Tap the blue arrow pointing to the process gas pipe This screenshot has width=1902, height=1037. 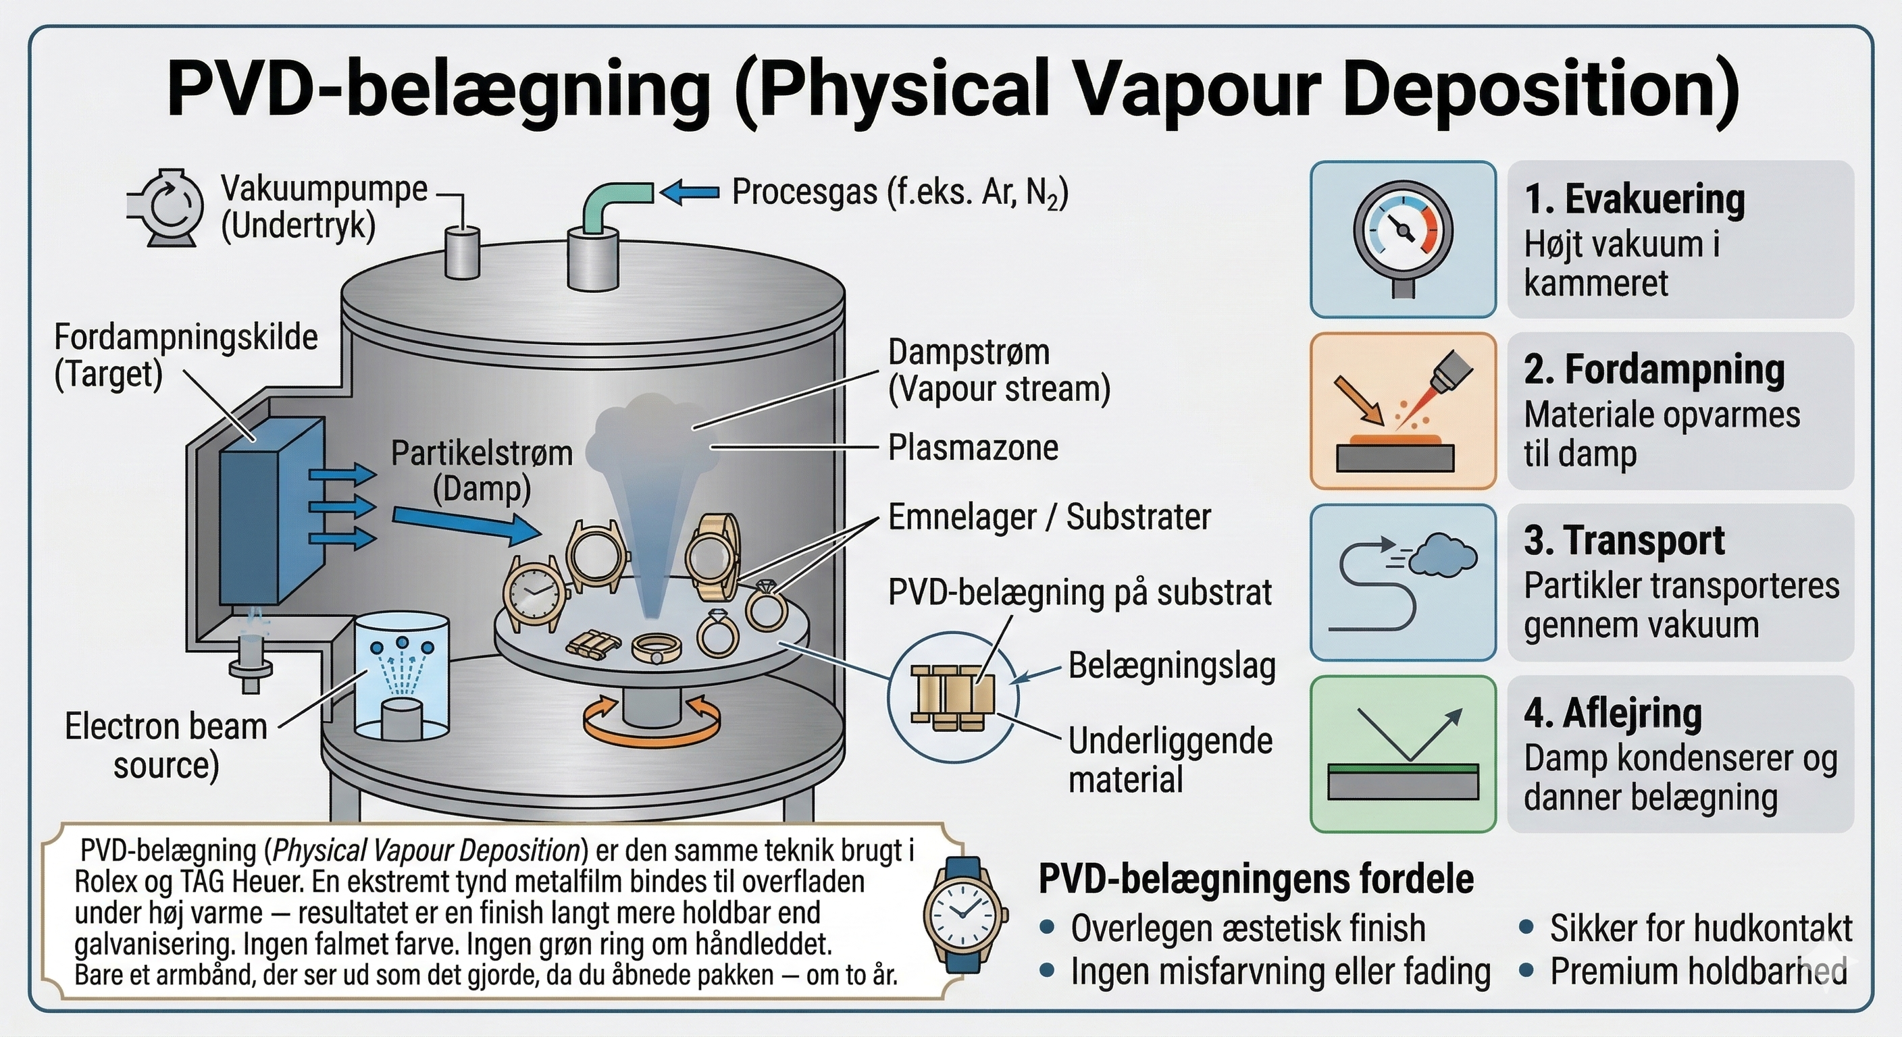[688, 192]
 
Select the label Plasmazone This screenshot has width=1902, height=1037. [973, 448]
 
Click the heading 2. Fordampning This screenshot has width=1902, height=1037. [1653, 370]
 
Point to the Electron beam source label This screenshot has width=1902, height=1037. [166, 745]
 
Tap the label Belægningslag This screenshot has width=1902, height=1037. [1172, 666]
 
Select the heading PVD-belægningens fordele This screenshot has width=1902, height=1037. [1255, 879]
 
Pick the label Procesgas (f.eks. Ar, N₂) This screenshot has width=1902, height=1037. [899, 192]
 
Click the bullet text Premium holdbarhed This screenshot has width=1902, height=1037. [1697, 972]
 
